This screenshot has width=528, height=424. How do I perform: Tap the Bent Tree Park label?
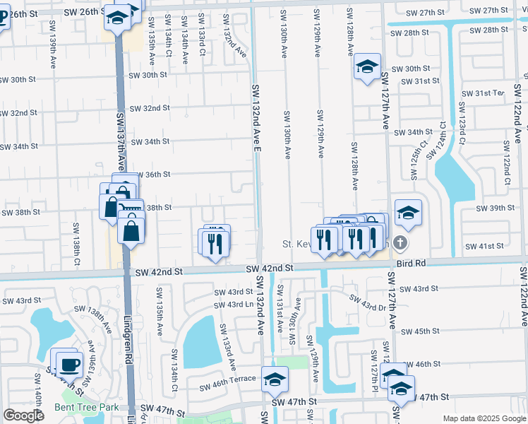[88, 408]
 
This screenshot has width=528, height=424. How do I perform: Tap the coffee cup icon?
[70, 365]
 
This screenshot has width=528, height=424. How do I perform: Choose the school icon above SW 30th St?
[366, 67]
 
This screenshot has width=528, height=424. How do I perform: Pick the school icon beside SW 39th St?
[408, 211]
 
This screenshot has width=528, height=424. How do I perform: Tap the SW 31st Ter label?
[483, 93]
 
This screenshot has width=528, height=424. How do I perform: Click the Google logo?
[24, 416]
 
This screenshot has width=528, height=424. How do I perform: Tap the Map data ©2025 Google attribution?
[484, 418]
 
